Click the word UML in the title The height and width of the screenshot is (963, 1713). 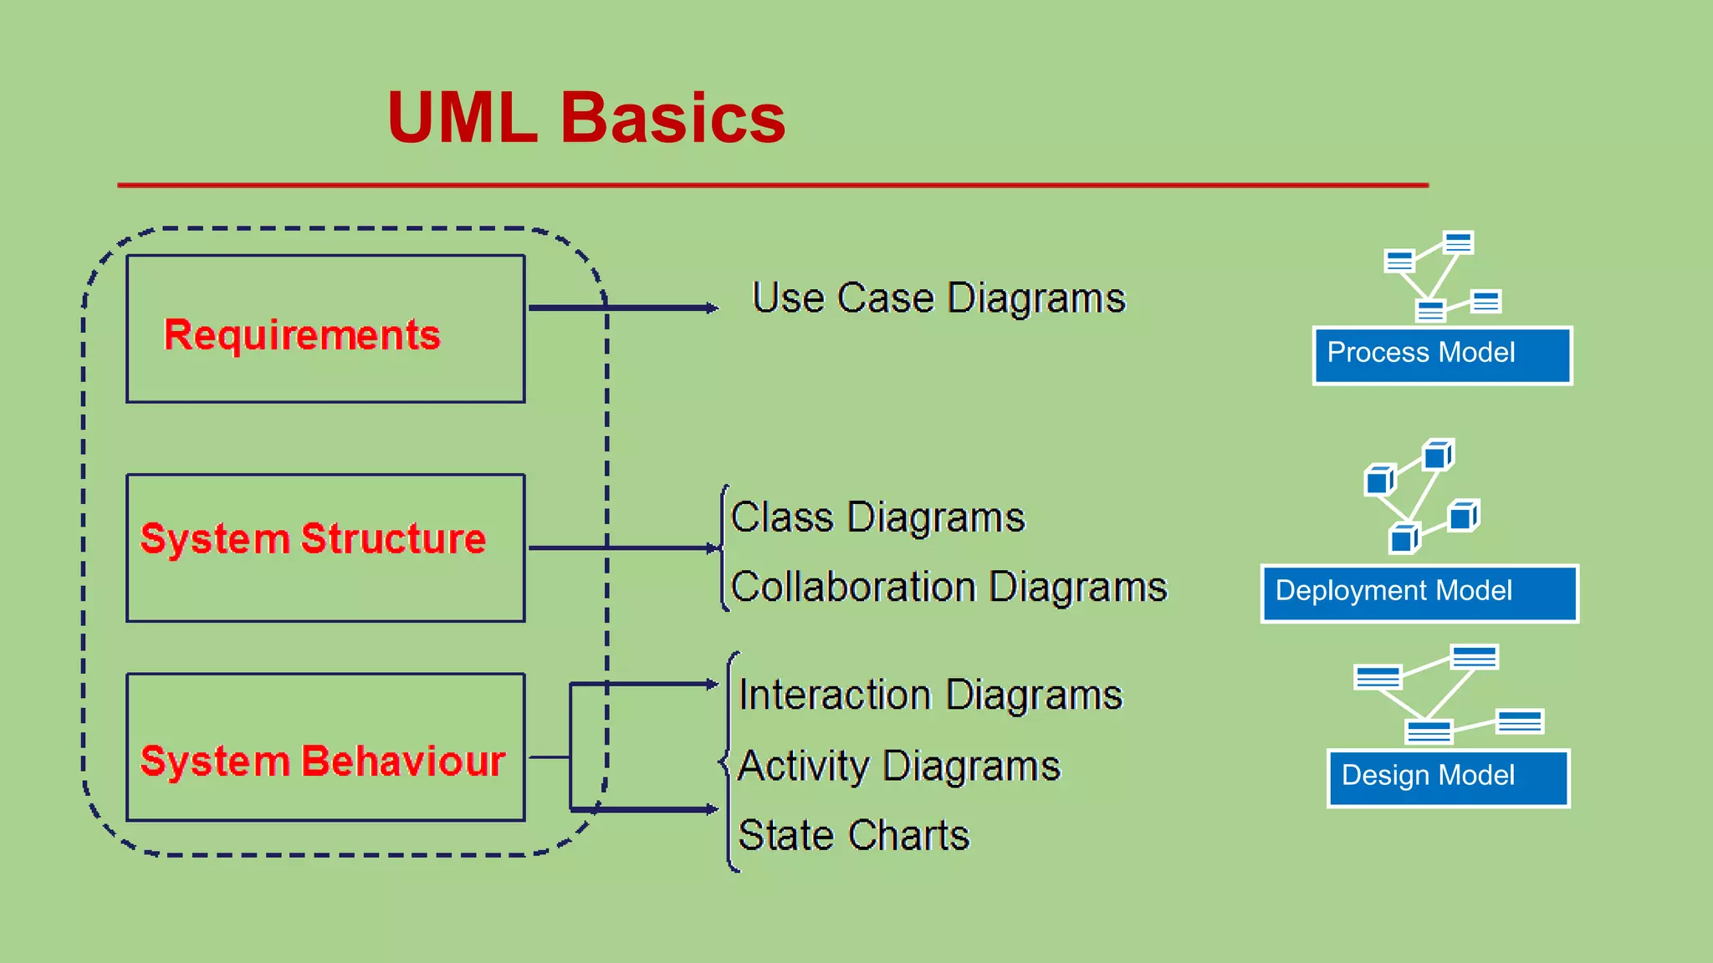coord(462,118)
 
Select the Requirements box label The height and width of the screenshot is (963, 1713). coord(302,335)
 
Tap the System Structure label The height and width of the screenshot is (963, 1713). coord(313,538)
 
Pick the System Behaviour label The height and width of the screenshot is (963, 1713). coord(323,761)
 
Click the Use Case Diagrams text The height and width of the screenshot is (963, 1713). coord(938,298)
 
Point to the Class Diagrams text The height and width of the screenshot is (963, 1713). coord(877,517)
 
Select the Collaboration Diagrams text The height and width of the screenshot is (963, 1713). coord(949,587)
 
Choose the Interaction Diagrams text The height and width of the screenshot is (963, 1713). coord(930,695)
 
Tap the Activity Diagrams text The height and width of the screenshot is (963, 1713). coord(899,766)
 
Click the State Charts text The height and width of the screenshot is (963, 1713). coord(854,835)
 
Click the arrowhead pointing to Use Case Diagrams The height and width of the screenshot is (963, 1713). coord(712,308)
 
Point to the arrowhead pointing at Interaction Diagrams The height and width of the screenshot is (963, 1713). coord(712,685)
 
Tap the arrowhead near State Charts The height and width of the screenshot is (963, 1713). coord(712,809)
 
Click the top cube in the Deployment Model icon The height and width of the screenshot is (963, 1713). coord(1438,456)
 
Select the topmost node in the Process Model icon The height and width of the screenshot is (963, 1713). coord(1458,242)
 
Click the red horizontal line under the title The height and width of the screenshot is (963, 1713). coord(773,185)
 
